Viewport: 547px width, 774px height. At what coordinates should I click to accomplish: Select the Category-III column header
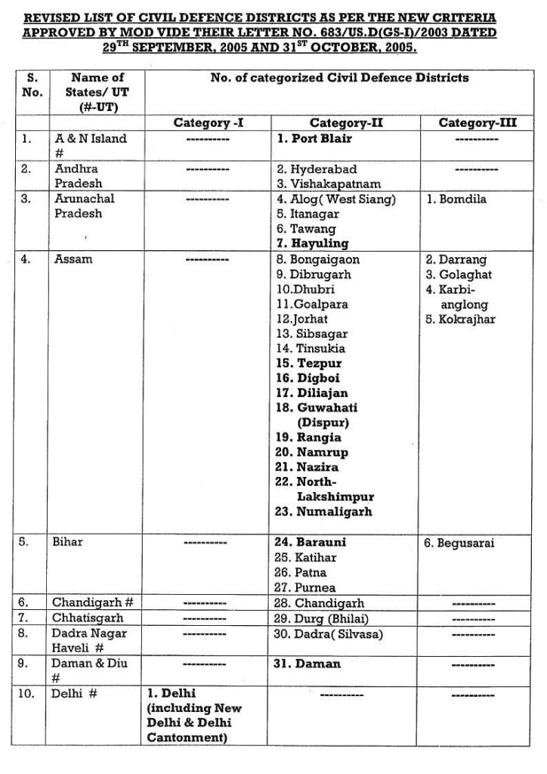click(x=477, y=122)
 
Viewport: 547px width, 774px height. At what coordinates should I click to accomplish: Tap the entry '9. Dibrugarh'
click(x=314, y=274)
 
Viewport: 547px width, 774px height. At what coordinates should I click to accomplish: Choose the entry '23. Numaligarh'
click(x=323, y=512)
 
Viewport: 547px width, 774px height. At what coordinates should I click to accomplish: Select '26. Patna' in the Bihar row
click(x=301, y=572)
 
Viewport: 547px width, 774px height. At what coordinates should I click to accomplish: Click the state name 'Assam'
click(x=73, y=259)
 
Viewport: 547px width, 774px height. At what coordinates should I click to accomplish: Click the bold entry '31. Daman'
click(x=308, y=664)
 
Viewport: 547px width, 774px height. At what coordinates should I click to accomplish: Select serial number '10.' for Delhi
click(x=26, y=692)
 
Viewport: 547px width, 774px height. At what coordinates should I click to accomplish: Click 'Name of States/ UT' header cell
click(x=97, y=91)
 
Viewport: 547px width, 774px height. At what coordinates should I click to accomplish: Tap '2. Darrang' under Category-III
click(x=456, y=259)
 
